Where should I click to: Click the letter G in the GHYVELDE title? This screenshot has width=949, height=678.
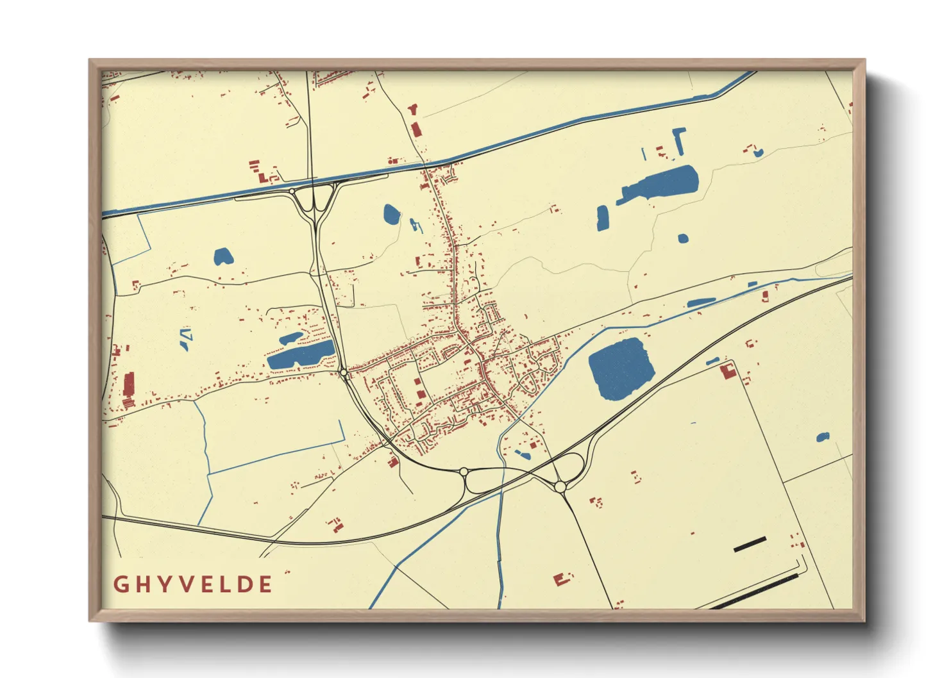120,584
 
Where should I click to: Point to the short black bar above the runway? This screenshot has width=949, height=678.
750,544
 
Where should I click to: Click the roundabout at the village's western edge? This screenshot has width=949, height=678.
344,372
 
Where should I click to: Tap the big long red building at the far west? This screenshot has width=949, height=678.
128,385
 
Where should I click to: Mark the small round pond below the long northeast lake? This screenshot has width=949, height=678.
683,238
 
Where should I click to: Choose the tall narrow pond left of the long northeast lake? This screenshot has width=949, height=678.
602,217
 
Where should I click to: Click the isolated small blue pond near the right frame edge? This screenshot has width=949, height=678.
823,438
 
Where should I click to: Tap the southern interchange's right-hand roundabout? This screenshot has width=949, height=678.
560,487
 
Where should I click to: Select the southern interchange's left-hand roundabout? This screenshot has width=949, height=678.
463,472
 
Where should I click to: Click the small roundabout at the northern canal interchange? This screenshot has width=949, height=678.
292,191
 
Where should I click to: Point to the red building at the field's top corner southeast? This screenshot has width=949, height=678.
728,371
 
